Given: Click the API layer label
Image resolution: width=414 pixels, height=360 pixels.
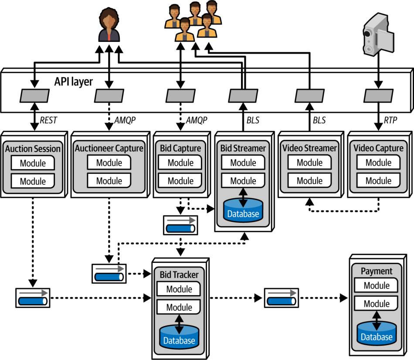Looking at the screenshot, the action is coord(73,82).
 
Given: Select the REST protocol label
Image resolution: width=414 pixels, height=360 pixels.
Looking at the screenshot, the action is coord(48,120).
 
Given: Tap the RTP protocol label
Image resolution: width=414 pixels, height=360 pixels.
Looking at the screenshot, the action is coord(390,120).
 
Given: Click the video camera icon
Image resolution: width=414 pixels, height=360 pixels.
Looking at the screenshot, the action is coord(378,34).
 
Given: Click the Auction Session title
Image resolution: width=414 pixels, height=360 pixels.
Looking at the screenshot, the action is coord(33,149).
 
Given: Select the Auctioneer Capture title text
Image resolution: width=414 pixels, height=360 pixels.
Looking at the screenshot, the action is coord(109,148).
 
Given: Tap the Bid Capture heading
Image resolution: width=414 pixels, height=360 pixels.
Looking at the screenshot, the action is coord(180,148).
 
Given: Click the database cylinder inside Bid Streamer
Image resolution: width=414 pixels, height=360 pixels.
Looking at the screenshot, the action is coord(243,210).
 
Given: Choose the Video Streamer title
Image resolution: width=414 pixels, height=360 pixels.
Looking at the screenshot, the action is coord(309,148).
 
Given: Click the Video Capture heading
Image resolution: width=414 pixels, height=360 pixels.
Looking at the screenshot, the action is coord(378,148).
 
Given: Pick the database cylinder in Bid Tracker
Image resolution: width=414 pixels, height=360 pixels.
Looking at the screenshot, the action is coord(179,337).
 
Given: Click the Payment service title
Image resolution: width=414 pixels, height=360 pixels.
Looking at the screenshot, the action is coord(377,271).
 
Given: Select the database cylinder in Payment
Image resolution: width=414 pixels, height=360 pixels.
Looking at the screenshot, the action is coord(377,333).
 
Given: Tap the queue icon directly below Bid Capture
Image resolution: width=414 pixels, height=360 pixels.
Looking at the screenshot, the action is coord(180,225).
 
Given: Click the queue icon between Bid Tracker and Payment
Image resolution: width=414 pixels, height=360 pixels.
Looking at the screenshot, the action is coord(282,298).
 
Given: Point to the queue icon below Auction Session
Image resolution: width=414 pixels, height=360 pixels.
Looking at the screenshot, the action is coord(33,298).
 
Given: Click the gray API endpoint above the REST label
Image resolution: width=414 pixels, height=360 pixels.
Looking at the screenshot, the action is coord(34,95).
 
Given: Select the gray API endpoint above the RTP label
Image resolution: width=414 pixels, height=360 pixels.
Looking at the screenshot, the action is coord(378,95).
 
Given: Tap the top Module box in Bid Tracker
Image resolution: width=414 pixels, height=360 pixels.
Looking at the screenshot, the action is coord(179,289).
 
